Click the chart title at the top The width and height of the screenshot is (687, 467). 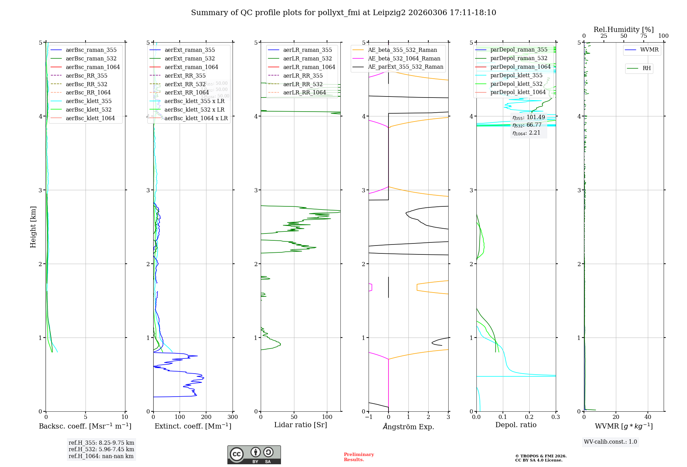coord(343,13)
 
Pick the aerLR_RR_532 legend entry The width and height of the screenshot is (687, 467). coord(303,84)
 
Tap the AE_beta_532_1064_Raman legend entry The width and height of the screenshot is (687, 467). coord(404,58)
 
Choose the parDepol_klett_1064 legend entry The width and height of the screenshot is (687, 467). coord(518,92)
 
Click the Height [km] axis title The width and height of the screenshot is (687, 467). coord(33,227)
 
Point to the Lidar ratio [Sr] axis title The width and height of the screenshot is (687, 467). coord(301,425)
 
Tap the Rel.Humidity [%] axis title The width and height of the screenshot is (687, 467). coord(623,30)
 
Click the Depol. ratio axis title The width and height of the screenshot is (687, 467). coord(516,425)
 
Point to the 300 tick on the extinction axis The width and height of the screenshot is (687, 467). coord(233,417)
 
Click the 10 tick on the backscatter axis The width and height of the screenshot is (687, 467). coord(125,417)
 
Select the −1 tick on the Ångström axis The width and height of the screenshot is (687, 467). coord(369,417)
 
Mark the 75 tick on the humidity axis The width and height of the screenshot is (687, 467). coord(643,36)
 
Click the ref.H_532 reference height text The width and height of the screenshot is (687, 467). coord(101,449)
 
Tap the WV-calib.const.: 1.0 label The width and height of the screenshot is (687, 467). coord(610,442)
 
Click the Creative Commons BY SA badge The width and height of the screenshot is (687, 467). coord(254,455)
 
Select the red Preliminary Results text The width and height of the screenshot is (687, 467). coord(359,457)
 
